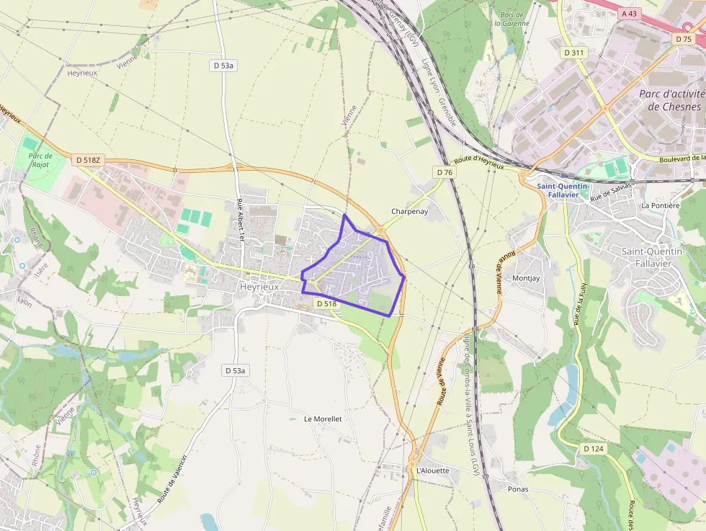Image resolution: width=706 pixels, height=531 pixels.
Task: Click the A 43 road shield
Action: pos(629,13)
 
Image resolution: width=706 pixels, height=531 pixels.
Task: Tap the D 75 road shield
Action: pos(684,38)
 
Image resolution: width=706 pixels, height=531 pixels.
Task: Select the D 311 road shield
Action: pos(574,53)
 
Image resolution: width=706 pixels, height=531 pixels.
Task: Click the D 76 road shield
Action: pos(444,172)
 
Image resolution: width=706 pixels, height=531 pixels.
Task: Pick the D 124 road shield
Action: pos(592,449)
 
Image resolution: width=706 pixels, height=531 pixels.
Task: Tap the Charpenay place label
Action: pos(409,212)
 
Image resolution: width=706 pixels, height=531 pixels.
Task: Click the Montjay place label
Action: pos(525,278)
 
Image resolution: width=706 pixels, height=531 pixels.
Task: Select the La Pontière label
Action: pos(660,205)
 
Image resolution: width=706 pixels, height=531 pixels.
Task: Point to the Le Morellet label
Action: pos(323,419)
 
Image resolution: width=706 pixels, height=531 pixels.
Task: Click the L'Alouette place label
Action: pos(432,470)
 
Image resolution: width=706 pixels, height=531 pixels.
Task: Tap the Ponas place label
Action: pos(517,489)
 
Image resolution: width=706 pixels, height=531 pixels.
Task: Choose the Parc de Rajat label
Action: pos(40,160)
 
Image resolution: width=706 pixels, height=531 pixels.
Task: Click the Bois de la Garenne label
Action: pos(511,19)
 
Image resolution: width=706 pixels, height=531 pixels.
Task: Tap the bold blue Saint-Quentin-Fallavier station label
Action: pos(563,189)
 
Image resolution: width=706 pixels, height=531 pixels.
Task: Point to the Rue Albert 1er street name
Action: pos(240,221)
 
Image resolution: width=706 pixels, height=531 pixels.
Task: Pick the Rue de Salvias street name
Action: pos(611,192)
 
